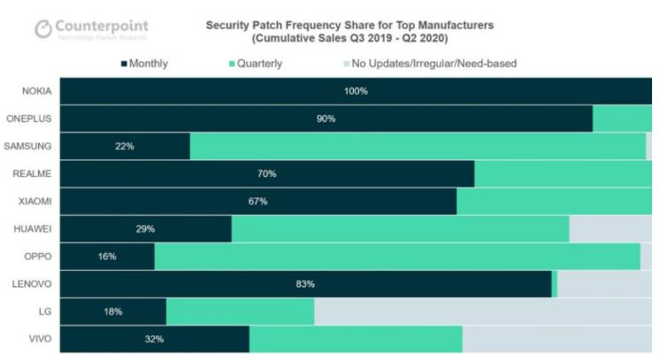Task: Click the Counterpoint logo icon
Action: coord(43,29)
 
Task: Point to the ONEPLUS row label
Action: coord(30,119)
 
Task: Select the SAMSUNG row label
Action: coord(29,146)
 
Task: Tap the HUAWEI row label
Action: coord(32,228)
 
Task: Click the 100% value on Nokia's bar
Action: coord(357,91)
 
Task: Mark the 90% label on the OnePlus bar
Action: coord(326,119)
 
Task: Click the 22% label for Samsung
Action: coord(125,146)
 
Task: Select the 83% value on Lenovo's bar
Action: coord(305,284)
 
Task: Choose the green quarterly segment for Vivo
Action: coord(356,339)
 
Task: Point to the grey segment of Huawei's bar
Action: coord(610,229)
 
